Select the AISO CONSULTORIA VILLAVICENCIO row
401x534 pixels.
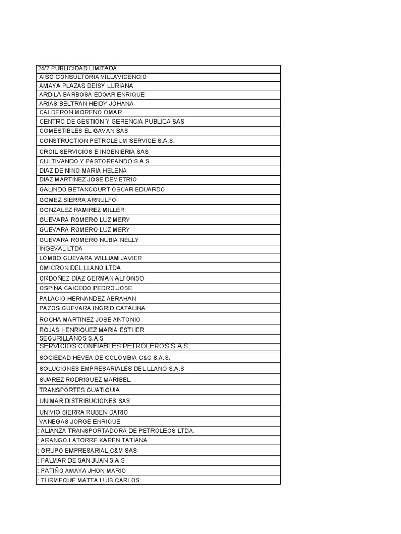(x=93, y=77)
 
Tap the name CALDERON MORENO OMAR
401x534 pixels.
(x=80, y=112)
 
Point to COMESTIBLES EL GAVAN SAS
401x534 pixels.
(x=84, y=131)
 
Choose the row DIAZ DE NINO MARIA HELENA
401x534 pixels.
(x=82, y=171)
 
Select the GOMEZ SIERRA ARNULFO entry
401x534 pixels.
(x=78, y=200)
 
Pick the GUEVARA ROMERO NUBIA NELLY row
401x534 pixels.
(x=89, y=240)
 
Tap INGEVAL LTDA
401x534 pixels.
(x=61, y=249)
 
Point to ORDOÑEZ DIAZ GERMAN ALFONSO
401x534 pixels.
(x=91, y=278)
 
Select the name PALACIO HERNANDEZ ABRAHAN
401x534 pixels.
(x=88, y=298)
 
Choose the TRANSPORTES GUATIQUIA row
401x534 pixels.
(x=79, y=390)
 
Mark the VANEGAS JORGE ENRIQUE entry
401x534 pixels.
(x=79, y=421)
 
